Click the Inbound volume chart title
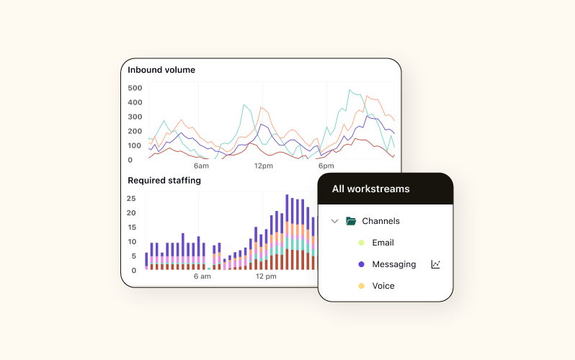[161, 70]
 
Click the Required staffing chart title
[164, 181]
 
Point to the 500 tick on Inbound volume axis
[135, 88]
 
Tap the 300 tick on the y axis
[135, 117]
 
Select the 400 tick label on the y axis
[135, 102]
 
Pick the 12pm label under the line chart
[264, 166]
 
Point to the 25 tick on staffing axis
[131, 198]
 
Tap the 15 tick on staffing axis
[131, 227]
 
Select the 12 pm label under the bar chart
[266, 276]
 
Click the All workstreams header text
[370, 189]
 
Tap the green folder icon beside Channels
[351, 221]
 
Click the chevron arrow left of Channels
[334, 221]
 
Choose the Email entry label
[383, 243]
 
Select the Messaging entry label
[393, 264]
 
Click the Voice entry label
[383, 286]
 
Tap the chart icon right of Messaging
[435, 264]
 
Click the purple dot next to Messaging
[361, 264]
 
